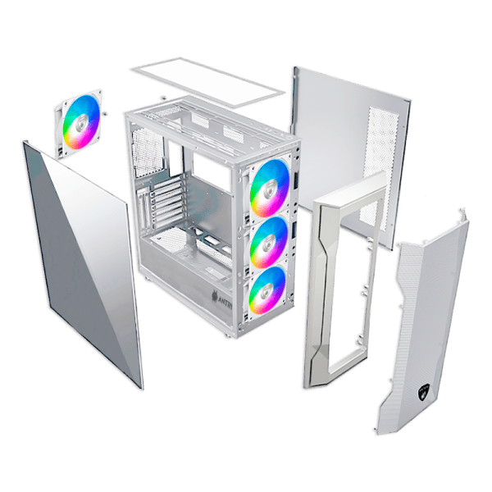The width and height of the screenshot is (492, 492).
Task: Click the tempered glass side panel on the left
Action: pyautogui.click(x=82, y=262)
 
